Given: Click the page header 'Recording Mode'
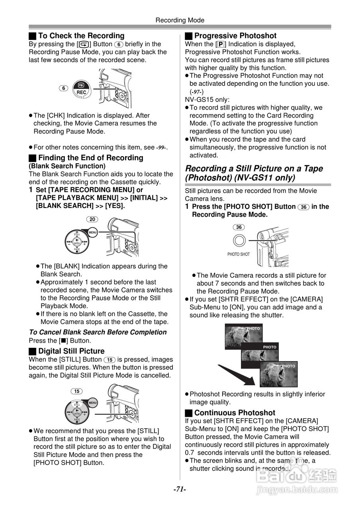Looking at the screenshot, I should click(180, 20).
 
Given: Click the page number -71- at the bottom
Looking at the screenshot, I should click(180, 489).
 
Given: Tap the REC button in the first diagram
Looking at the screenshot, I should click(81, 92).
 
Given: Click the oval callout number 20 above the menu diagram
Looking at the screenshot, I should click(92, 220).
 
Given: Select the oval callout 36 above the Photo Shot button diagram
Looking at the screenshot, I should click(239, 227).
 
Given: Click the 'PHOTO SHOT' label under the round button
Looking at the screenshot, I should click(239, 254).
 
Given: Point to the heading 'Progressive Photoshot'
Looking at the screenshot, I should click(235, 36).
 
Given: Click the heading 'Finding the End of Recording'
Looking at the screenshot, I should click(90, 158).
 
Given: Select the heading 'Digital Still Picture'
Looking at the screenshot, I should click(71, 351).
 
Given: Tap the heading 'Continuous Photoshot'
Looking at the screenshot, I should click(235, 413).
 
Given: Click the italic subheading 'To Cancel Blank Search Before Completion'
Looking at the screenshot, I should click(98, 332).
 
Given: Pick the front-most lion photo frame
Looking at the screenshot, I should click(278, 375).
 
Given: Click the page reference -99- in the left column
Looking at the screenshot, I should click(160, 147).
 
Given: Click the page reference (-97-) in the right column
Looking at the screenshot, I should click(196, 92).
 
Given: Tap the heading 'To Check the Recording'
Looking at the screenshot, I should click(81, 36).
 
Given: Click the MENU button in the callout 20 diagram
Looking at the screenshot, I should click(93, 232).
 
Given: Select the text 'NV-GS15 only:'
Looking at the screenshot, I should click(207, 100).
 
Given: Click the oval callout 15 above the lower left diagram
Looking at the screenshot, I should click(76, 391).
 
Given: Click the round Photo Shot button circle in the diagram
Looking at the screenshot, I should click(239, 241).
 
